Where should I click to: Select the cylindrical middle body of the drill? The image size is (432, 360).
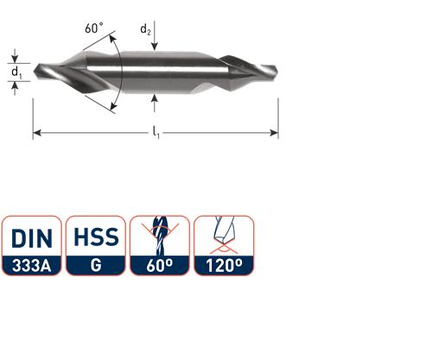pos(160,69)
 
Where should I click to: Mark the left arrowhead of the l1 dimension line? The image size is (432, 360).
pos(37,134)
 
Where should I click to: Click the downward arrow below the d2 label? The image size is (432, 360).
pos(153,47)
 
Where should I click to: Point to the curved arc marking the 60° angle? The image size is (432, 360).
pos(122,69)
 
